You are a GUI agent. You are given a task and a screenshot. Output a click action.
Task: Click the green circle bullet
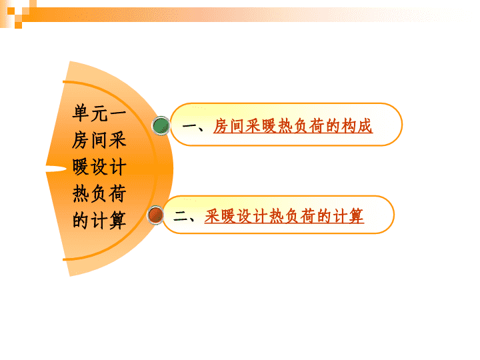(161, 125)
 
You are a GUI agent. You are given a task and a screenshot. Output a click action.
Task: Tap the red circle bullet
(155, 215)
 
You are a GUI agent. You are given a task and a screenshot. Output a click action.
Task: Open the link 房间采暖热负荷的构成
(293, 126)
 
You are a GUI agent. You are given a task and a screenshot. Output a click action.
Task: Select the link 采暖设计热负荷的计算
(284, 216)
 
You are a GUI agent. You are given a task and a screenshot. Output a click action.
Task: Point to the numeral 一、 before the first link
(193, 127)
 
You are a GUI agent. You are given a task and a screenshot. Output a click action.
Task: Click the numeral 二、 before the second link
(185, 217)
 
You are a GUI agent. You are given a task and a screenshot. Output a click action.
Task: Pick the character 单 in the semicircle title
(81, 113)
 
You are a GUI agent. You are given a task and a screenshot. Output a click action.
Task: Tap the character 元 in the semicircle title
(99, 113)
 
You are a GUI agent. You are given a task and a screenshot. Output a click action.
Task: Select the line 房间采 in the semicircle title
(99, 140)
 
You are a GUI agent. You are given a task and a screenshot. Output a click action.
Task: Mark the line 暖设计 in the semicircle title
(99, 167)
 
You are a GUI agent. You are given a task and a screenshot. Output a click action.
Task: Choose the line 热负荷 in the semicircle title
(99, 193)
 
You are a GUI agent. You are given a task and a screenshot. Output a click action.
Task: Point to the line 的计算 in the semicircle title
(99, 221)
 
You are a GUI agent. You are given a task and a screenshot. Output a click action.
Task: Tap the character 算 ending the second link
(356, 216)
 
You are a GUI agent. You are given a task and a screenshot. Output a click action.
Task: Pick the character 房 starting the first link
(221, 126)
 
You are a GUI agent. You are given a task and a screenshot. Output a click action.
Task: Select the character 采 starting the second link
(213, 216)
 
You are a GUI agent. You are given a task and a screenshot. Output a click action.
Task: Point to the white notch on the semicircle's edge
(56, 169)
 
